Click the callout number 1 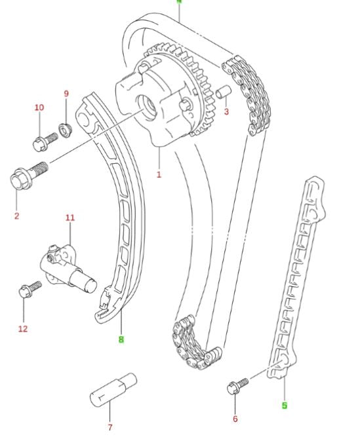pos(159,174)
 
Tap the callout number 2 pos(16,215)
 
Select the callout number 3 pos(227,112)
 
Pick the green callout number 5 pos(285,405)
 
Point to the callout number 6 pos(235,419)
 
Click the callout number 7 pos(110,427)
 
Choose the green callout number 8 pos(121,339)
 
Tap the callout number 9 pos(66,94)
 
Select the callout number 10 pos(39,107)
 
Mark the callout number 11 pos(70,217)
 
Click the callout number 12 pos(23,328)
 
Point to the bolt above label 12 pos(29,289)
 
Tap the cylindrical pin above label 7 pos(112,391)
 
